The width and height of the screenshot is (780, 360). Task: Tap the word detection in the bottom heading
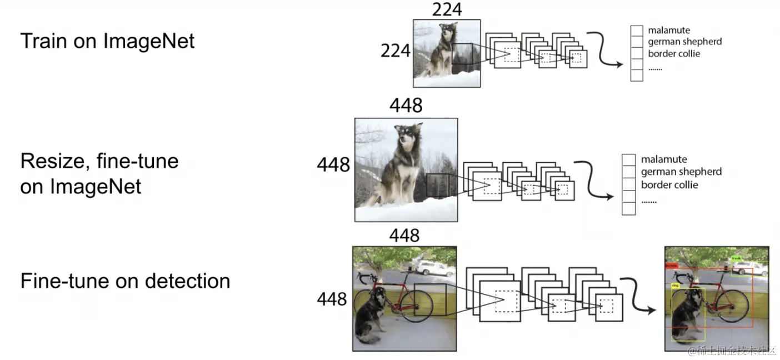188,281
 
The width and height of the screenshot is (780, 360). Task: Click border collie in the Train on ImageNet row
674,54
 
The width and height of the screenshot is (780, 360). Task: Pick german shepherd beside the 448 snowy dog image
681,172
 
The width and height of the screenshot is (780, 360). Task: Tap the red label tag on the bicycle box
671,266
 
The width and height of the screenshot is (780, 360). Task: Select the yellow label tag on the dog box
675,286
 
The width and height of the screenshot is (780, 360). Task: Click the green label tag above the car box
737,258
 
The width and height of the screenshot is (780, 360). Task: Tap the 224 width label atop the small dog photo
446,9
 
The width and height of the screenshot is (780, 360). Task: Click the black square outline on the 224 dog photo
462,58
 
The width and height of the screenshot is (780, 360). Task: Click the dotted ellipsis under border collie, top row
655,68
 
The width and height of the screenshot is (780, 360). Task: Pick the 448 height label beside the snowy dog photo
333,165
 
